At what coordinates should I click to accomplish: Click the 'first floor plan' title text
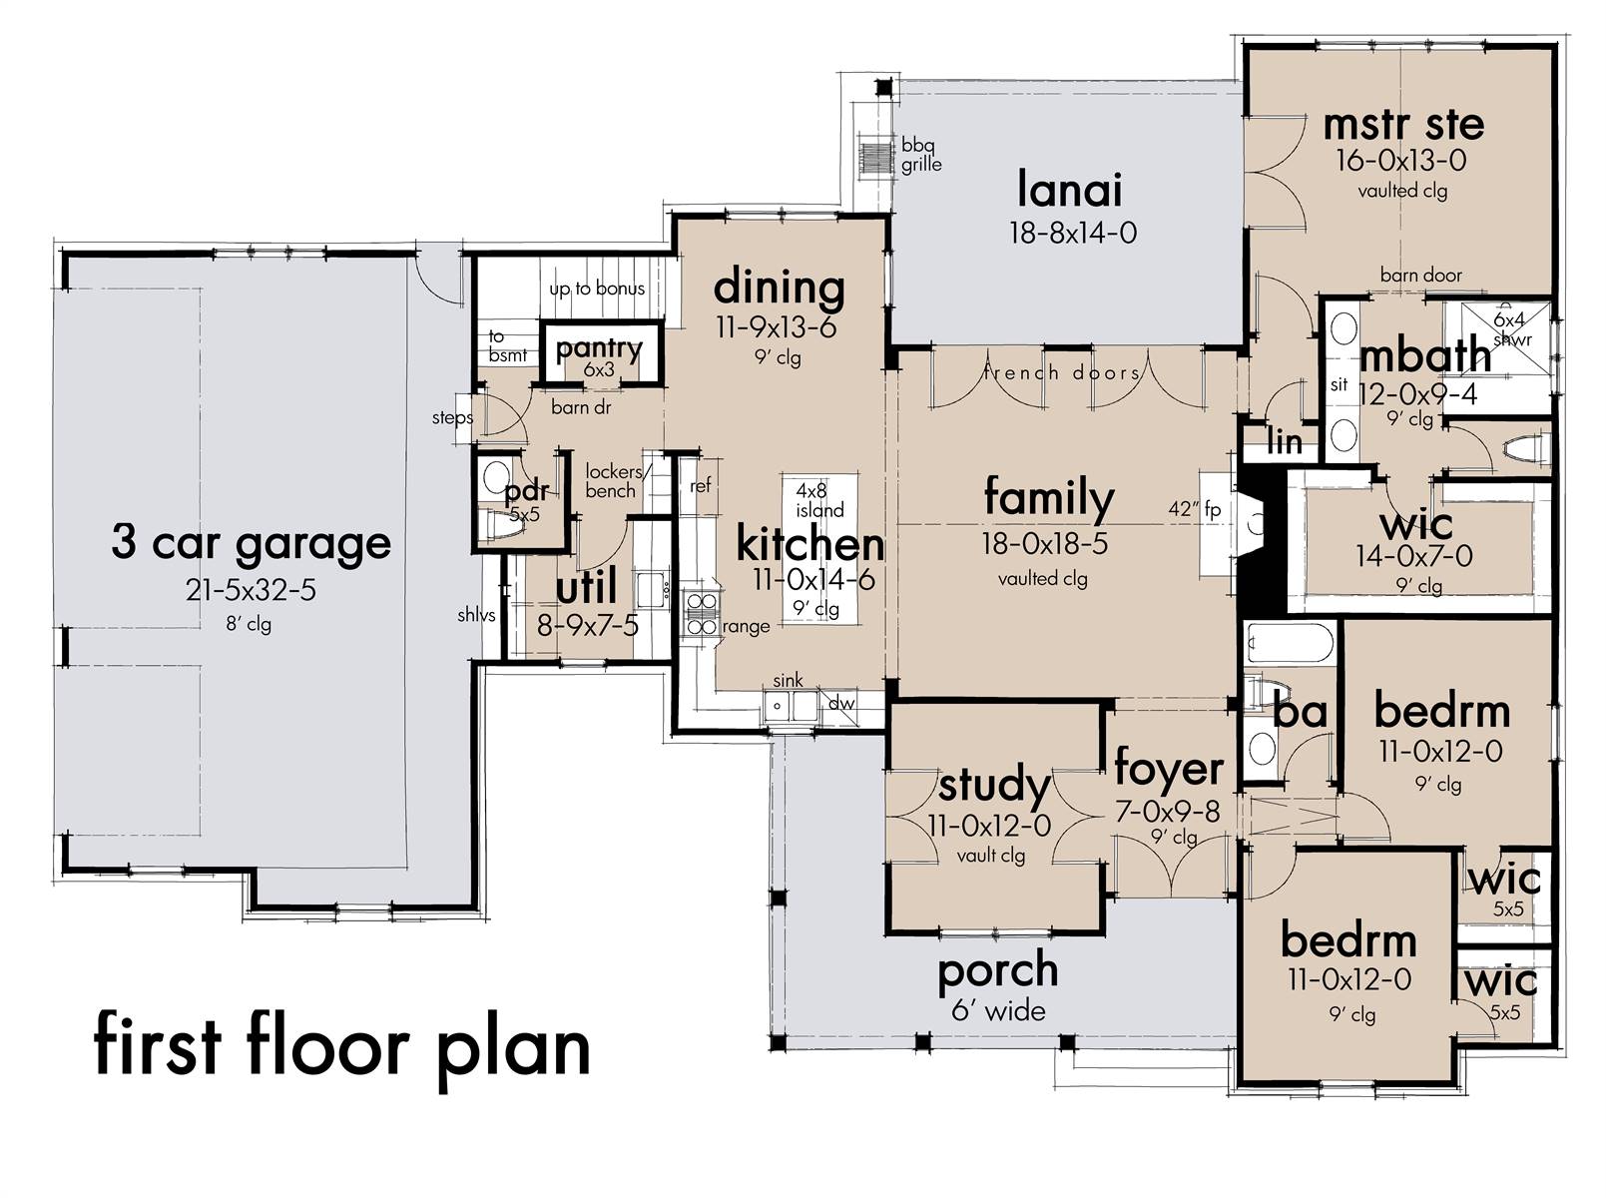coord(341,1044)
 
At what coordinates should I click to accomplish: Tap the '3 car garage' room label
coord(251,543)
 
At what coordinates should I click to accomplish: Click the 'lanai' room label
coord(1070,190)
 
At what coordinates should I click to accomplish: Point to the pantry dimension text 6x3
coord(599,369)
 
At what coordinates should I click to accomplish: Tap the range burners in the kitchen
coord(701,613)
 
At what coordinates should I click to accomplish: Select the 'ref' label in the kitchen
coord(701,485)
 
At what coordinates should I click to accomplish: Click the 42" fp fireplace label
coord(1195,509)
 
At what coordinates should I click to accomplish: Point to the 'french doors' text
coord(1062,372)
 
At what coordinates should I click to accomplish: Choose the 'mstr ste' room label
coord(1402,126)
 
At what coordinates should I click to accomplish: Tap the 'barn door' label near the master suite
coord(1420,275)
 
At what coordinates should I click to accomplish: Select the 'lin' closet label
coord(1285,441)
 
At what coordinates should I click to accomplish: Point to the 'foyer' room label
coord(1168,769)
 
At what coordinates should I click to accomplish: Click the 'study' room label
coord(993,786)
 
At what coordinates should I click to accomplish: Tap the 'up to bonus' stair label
coord(597,289)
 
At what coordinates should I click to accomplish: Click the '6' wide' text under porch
coord(998,1010)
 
